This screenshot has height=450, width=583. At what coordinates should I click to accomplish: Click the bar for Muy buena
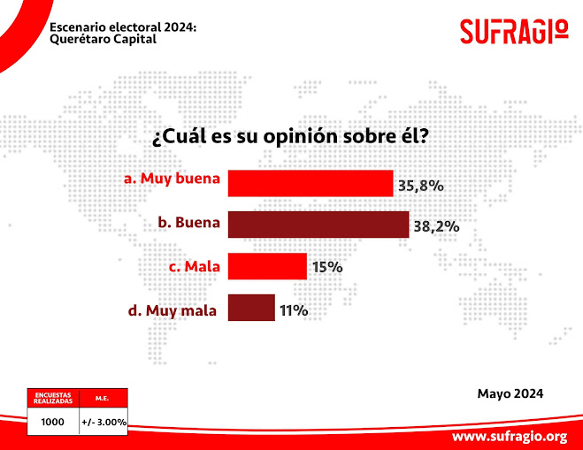310,183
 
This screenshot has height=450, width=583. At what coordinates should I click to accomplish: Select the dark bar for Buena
318,224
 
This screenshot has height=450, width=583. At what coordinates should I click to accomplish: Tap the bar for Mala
267,266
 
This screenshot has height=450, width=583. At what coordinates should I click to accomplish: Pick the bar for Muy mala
251,308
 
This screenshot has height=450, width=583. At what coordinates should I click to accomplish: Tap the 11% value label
294,310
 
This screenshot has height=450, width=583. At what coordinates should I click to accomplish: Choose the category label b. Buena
188,223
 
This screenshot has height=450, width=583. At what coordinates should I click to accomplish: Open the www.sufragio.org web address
509,437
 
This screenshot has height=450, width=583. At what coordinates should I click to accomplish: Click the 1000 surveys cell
53,422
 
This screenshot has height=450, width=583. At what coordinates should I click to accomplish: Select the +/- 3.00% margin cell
104,422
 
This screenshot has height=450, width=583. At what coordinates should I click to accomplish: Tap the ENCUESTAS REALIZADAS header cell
53,398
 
